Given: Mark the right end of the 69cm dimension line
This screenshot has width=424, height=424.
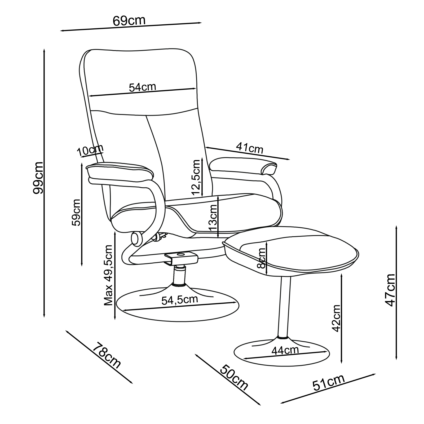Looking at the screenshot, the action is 202,23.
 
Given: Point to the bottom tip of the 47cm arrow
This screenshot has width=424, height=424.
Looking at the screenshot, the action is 396,360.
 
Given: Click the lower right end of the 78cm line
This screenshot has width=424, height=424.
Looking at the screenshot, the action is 132,383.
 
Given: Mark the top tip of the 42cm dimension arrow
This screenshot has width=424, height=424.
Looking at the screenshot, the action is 342,274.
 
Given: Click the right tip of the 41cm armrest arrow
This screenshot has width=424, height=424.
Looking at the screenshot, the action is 290,160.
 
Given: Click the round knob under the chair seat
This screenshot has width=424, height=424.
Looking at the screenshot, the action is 137,238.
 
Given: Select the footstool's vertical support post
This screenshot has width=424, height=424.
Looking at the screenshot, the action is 284,306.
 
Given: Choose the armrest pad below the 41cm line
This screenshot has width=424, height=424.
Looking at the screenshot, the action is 243,166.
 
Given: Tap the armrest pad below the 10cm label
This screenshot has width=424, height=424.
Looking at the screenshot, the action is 120,173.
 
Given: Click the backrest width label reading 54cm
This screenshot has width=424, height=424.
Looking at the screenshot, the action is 142,87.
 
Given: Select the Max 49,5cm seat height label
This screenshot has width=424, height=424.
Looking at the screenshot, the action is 109,275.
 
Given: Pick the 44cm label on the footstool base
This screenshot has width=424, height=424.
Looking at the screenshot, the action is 285,350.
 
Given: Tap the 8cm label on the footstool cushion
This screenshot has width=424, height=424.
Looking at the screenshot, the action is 262,258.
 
